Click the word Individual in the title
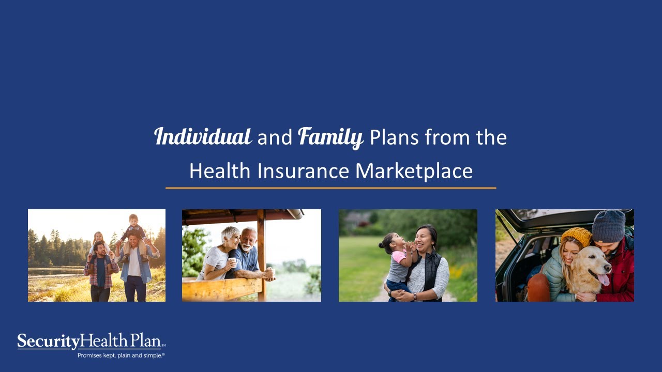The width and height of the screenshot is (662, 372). [203, 137]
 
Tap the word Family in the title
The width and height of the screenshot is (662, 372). [330, 137]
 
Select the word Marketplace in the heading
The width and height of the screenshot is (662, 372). [414, 171]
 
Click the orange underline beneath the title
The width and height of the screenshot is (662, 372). [330, 188]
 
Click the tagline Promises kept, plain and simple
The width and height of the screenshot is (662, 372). [121, 355]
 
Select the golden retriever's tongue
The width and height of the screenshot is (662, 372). [604, 280]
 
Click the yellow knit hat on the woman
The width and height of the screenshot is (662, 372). [576, 236]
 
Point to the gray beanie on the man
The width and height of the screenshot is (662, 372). [609, 225]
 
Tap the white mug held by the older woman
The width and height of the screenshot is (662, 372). [233, 262]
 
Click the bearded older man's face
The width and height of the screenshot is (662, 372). [249, 240]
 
